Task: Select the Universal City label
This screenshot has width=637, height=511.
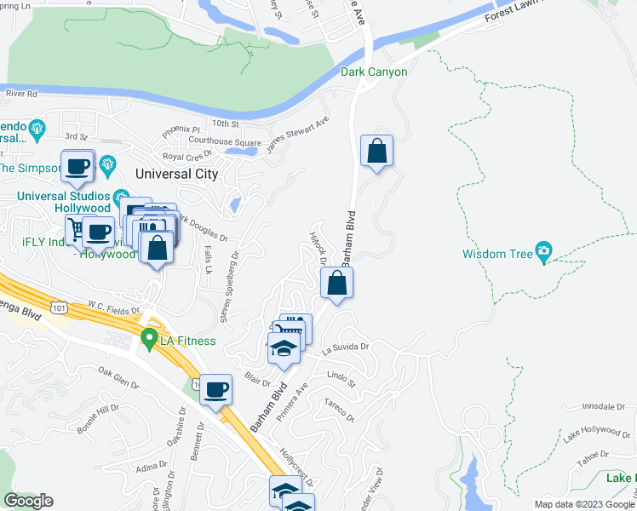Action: click(177, 174)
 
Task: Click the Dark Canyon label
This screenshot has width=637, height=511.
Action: click(374, 72)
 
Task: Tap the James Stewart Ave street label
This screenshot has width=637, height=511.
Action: click(297, 135)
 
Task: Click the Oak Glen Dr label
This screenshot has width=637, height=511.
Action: click(118, 378)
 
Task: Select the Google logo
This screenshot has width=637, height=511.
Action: click(28, 501)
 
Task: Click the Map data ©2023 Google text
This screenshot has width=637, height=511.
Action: click(582, 503)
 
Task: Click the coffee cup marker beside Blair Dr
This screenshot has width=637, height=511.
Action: click(216, 389)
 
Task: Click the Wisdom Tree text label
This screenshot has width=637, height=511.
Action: click(496, 254)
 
